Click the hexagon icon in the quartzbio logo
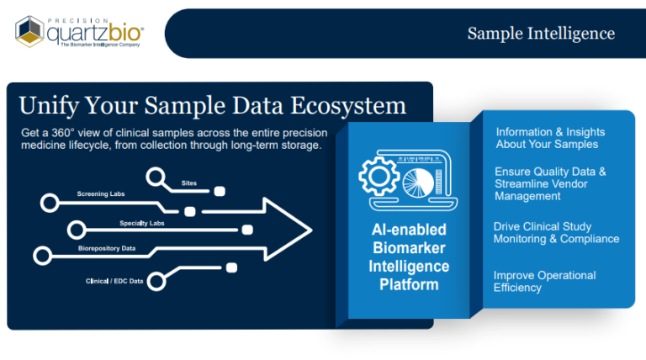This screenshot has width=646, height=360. click(x=29, y=31)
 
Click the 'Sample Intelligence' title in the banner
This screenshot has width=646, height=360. click(x=541, y=34)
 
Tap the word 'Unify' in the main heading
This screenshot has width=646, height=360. click(x=49, y=106)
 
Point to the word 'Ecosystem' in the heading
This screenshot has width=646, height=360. click(x=348, y=106)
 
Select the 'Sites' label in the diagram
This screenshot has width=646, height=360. click(x=189, y=183)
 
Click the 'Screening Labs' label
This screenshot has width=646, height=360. click(x=101, y=194)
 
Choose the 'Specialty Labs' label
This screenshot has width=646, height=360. click(x=141, y=223)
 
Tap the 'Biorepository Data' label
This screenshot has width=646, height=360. click(x=107, y=248)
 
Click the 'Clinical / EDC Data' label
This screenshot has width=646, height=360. click(x=114, y=281)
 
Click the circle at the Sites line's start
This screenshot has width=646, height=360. click(x=156, y=177)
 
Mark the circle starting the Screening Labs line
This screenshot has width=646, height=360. click(x=50, y=203)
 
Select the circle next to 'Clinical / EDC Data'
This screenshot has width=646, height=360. click(x=156, y=282)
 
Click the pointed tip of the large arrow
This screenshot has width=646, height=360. click(x=312, y=230)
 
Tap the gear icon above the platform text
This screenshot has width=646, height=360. click(x=379, y=176)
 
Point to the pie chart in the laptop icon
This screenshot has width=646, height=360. click(x=418, y=183)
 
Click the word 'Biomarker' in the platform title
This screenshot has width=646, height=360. click(x=409, y=248)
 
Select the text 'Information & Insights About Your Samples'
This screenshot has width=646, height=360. click(x=550, y=138)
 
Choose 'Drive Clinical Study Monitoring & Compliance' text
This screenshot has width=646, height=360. click(x=556, y=233)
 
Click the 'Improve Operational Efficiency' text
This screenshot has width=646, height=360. click(x=545, y=281)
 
